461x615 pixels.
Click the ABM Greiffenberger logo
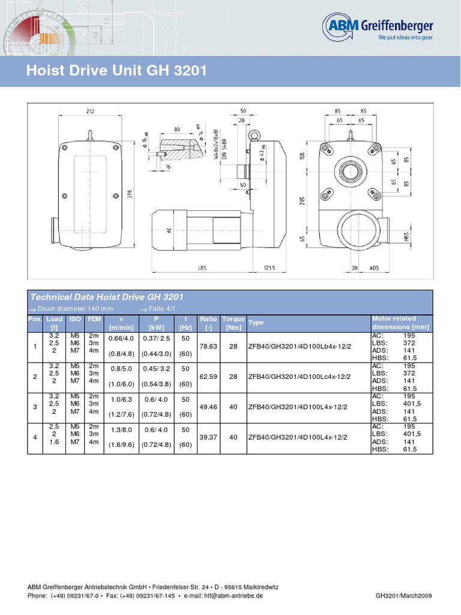click(x=378, y=28)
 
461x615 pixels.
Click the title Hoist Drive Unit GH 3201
click(x=117, y=71)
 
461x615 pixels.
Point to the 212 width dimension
click(x=89, y=111)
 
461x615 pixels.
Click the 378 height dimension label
click(x=128, y=195)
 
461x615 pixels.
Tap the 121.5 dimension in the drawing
click(x=269, y=268)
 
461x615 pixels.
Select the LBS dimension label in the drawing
click(x=202, y=268)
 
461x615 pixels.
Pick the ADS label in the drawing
click(x=374, y=268)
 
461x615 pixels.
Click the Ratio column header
click(x=208, y=319)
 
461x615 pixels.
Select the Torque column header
click(x=233, y=319)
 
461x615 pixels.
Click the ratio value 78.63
click(x=208, y=347)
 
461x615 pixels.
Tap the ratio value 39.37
click(x=208, y=438)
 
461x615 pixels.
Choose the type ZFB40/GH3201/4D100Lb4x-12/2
click(x=300, y=347)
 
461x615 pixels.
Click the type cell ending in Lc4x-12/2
click(x=300, y=377)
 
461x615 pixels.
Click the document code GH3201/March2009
click(x=403, y=596)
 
